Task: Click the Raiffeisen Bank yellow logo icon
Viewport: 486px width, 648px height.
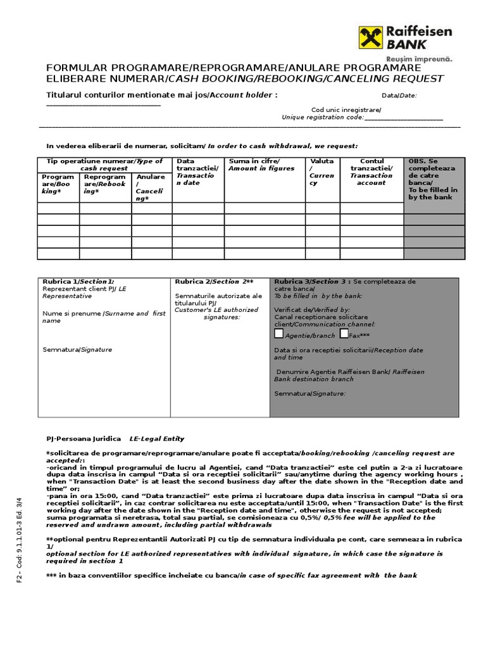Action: pyautogui.click(x=370, y=38)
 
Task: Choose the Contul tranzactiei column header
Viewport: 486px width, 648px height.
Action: pyautogui.click(x=371, y=171)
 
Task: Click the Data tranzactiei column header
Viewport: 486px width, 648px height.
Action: pyautogui.click(x=197, y=171)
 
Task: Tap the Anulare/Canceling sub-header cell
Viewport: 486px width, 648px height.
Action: pyautogui.click(x=151, y=187)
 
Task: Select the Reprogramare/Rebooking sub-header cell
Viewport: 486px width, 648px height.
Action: pyautogui.click(x=105, y=184)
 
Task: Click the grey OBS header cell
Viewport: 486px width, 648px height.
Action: pyautogui.click(x=433, y=179)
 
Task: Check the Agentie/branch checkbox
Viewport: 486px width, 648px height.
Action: pyautogui.click(x=279, y=333)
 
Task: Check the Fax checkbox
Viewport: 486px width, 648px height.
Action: pyautogui.click(x=344, y=333)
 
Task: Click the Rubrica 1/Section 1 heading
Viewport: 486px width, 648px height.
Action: pyautogui.click(x=78, y=281)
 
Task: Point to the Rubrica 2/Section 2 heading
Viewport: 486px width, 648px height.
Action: pyautogui.click(x=214, y=281)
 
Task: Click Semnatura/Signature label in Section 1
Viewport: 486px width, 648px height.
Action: pyautogui.click(x=77, y=349)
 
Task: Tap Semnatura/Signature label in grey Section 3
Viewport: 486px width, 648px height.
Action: pyautogui.click(x=309, y=393)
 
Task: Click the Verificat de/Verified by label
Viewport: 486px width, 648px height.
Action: pyautogui.click(x=302, y=310)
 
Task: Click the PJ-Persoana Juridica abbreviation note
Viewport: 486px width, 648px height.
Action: pyautogui.click(x=84, y=438)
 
